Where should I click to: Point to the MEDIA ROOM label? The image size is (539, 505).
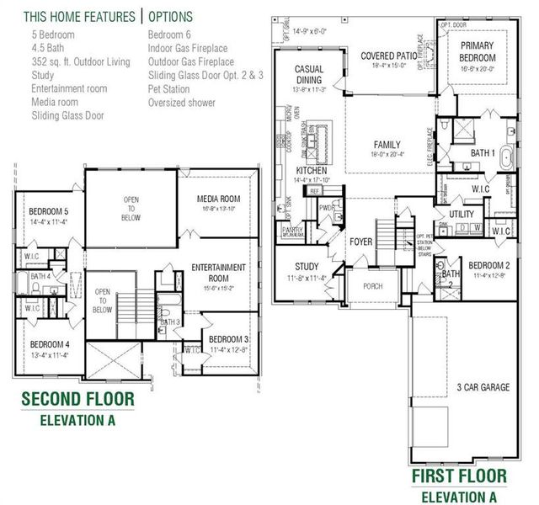[x=219, y=199]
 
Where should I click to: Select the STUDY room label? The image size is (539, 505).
[x=301, y=266]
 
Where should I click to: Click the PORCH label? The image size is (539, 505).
[x=371, y=286]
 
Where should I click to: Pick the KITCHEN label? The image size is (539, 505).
[x=311, y=170]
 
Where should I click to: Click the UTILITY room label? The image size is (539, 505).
[x=462, y=215]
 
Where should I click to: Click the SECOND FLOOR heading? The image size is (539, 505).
[x=76, y=398]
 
